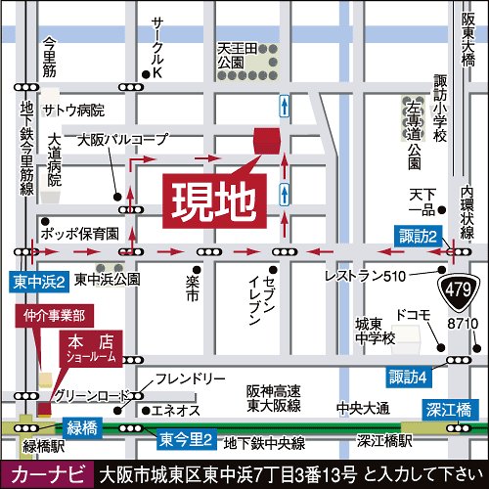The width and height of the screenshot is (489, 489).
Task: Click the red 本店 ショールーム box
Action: point(87,348)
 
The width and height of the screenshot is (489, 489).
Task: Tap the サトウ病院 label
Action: point(71,110)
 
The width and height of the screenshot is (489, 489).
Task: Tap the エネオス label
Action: point(177,409)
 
